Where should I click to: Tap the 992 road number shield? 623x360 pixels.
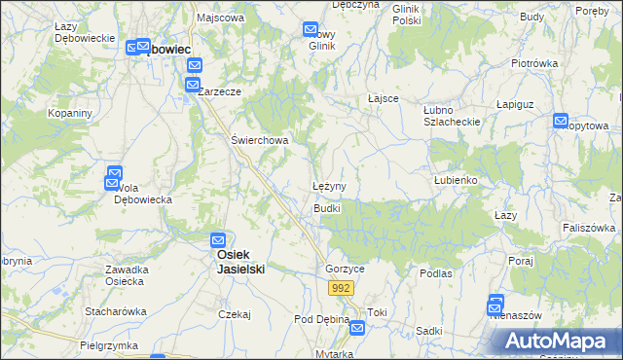click(x=340, y=288)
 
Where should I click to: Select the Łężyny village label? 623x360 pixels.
click(x=330, y=185)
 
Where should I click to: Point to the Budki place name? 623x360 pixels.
click(x=326, y=209)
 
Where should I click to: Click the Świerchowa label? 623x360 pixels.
click(x=260, y=140)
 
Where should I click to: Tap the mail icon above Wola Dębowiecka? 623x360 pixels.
click(x=114, y=176)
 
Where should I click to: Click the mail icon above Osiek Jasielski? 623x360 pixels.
click(x=219, y=239)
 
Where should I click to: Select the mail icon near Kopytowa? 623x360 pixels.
click(x=561, y=121)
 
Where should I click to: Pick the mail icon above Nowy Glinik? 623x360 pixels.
click(x=311, y=30)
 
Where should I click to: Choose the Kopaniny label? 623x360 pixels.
click(x=70, y=114)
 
